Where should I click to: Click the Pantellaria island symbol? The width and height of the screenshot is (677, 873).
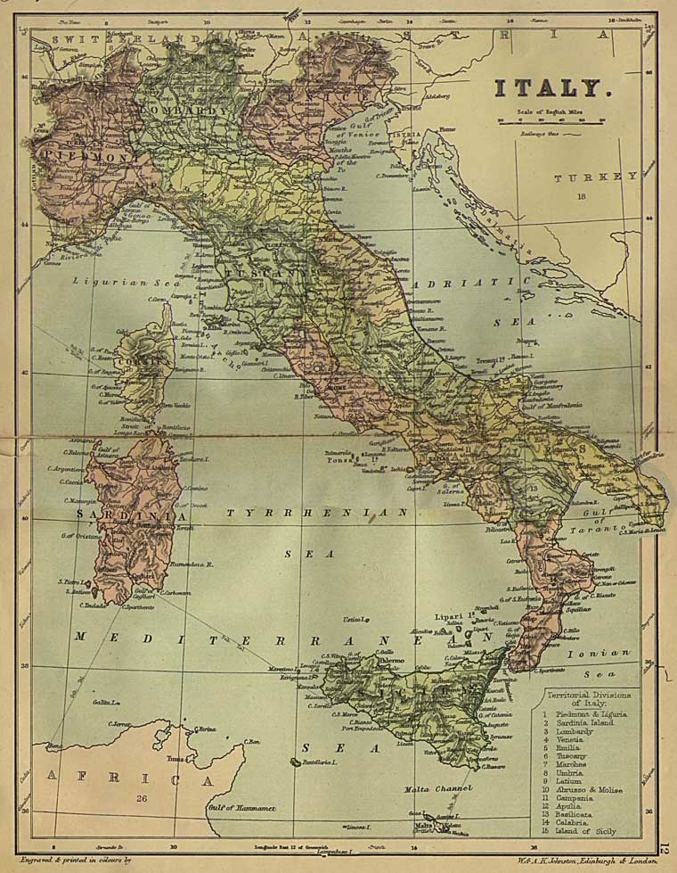(x=294, y=762)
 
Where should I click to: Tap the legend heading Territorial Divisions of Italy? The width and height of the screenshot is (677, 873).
(x=591, y=698)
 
